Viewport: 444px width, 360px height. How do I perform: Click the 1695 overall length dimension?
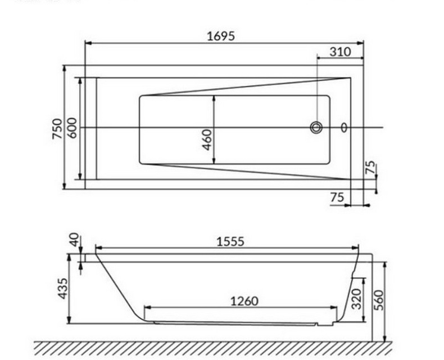(x=220, y=35)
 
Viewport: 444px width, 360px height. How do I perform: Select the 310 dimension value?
(x=340, y=52)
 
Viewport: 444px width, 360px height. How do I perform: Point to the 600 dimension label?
(x=71, y=129)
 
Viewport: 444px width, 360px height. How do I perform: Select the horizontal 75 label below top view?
(x=337, y=197)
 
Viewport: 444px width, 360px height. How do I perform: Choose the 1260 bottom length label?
(x=244, y=301)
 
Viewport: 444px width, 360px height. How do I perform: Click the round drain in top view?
(x=316, y=128)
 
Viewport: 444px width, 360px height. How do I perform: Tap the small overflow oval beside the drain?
(x=344, y=128)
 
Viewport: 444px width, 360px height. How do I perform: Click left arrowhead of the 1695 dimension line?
(x=87, y=42)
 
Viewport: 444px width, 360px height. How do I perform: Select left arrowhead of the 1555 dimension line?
(x=98, y=247)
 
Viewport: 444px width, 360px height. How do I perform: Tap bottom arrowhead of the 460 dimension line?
(x=214, y=163)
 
